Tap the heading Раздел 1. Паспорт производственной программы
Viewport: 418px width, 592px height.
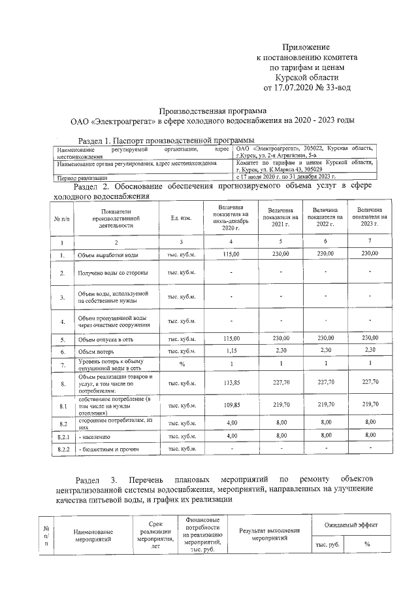tap(166, 140)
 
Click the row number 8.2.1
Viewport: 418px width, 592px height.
tap(63, 434)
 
